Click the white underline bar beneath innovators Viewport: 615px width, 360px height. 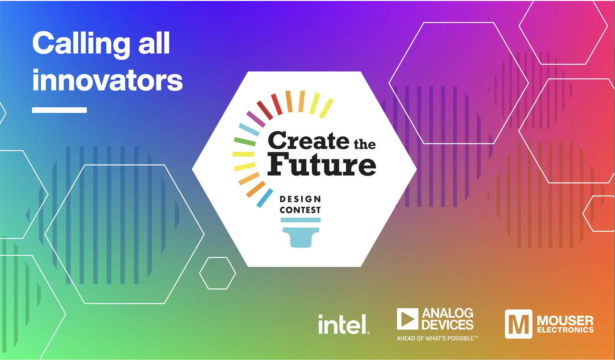click(x=59, y=110)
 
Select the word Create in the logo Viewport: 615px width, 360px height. click(x=308, y=141)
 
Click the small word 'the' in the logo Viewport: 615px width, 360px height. click(x=365, y=144)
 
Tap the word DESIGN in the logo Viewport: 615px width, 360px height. click(x=300, y=199)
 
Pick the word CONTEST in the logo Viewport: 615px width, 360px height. click(x=300, y=210)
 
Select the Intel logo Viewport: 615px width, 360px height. click(x=344, y=324)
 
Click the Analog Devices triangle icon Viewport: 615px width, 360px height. click(x=408, y=319)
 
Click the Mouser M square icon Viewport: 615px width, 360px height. click(x=518, y=324)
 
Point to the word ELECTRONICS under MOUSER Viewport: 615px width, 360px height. click(x=565, y=330)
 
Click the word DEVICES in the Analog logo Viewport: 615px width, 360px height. click(x=448, y=324)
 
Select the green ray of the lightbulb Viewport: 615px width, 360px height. click(x=245, y=141)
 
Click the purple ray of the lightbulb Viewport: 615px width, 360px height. click(x=256, y=119)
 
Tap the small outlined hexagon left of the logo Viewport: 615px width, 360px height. click(x=218, y=273)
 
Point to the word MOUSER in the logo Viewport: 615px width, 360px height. click(x=565, y=321)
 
